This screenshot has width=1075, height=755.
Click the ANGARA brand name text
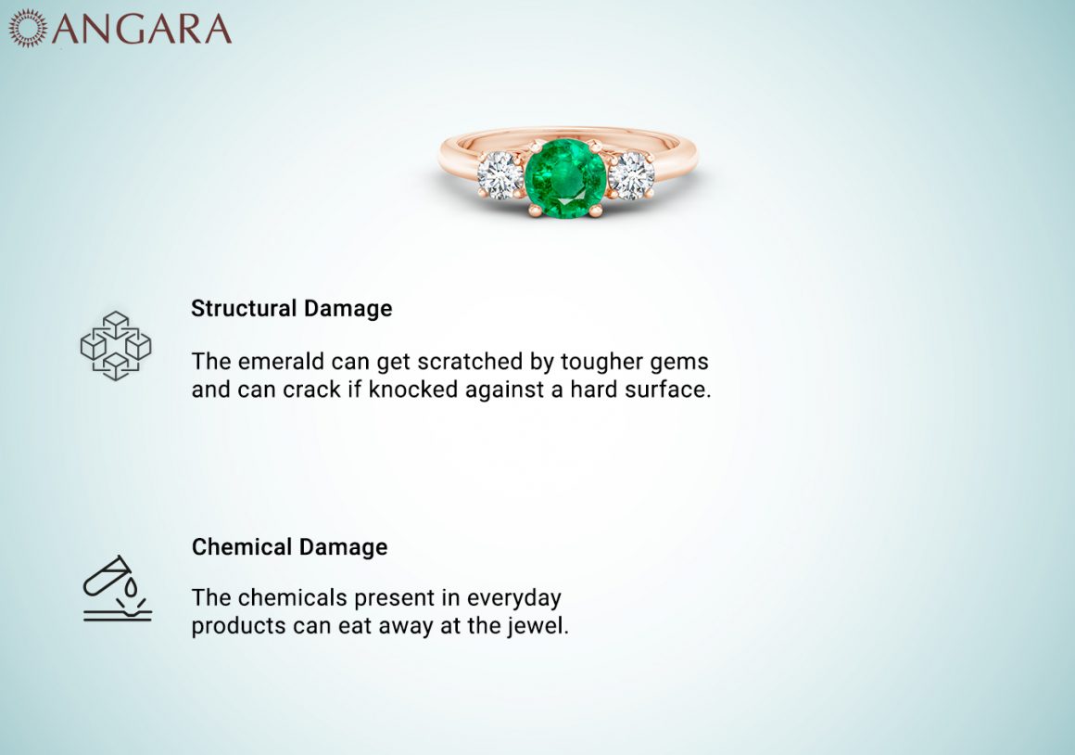[x=142, y=28]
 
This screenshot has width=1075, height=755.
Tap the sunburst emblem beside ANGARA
[x=28, y=28]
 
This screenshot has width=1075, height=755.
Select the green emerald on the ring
[x=565, y=178]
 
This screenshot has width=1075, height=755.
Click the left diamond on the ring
[x=500, y=175]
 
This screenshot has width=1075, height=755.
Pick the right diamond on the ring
[x=631, y=175]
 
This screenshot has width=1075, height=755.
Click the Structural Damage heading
[x=291, y=309]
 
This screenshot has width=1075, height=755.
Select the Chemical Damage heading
[x=289, y=547]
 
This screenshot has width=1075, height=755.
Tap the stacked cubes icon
[x=116, y=346]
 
